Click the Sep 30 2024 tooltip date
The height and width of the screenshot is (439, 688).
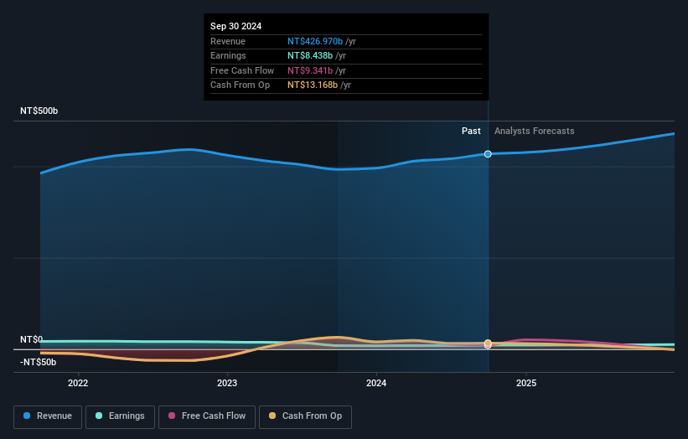tap(235, 26)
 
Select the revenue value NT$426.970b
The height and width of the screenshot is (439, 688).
tap(315, 41)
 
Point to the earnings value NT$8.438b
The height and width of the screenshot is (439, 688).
tap(310, 55)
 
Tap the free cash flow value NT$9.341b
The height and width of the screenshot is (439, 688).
tap(310, 70)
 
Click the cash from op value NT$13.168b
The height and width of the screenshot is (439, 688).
tap(313, 85)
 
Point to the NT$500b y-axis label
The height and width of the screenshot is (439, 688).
tap(39, 111)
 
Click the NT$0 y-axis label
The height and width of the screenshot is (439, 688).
tap(31, 339)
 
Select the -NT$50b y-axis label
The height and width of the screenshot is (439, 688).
tap(38, 362)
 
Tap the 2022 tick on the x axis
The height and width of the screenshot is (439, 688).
tap(78, 384)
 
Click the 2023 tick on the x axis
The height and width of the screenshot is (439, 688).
tap(227, 384)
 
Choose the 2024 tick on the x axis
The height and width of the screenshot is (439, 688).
tap(376, 384)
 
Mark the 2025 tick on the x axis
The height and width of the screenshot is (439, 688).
tap(526, 384)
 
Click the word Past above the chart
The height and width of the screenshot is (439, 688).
tap(471, 131)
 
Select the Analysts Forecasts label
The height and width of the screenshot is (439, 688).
tap(535, 131)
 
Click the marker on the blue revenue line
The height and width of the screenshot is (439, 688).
tap(488, 154)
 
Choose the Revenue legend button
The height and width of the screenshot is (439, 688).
tap(48, 416)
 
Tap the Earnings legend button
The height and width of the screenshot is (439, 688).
tap(120, 416)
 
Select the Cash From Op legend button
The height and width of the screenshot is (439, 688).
tap(305, 416)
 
